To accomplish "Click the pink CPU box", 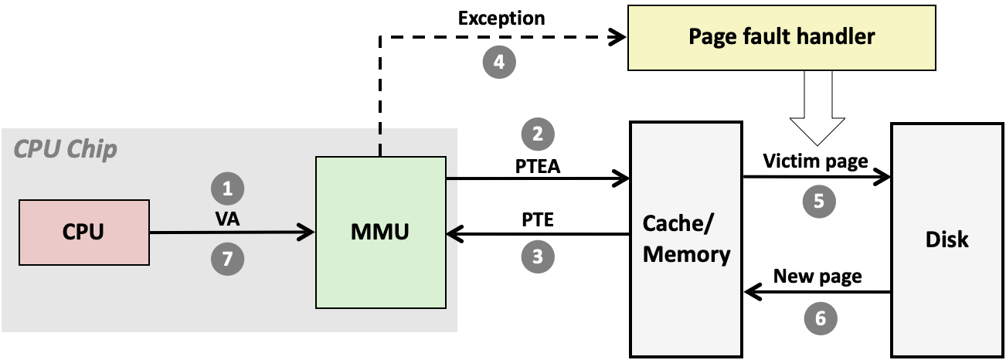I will pyautogui.click(x=83, y=232).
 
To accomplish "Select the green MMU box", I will pyautogui.click(x=381, y=232).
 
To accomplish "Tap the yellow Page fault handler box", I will pyautogui.click(x=781, y=38).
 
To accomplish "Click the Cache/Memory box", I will pyautogui.click(x=686, y=239).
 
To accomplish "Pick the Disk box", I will pyautogui.click(x=947, y=239).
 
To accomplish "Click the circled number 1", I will pyautogui.click(x=227, y=188).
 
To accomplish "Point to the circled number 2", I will pyautogui.click(x=539, y=134).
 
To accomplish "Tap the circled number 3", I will pyautogui.click(x=539, y=256).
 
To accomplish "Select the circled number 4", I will pyautogui.click(x=499, y=61).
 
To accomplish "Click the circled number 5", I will pyautogui.click(x=819, y=202).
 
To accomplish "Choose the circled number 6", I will pyautogui.click(x=821, y=318).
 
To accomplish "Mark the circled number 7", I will pyautogui.click(x=227, y=260).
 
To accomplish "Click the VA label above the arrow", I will pyautogui.click(x=227, y=219).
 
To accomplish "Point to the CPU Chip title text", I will pyautogui.click(x=66, y=149).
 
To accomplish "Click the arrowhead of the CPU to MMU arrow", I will pyautogui.click(x=308, y=232).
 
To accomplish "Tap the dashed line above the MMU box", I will pyautogui.click(x=380, y=143).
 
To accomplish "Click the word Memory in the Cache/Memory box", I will pyautogui.click(x=687, y=254).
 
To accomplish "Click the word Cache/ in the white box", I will pyautogui.click(x=679, y=224).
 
